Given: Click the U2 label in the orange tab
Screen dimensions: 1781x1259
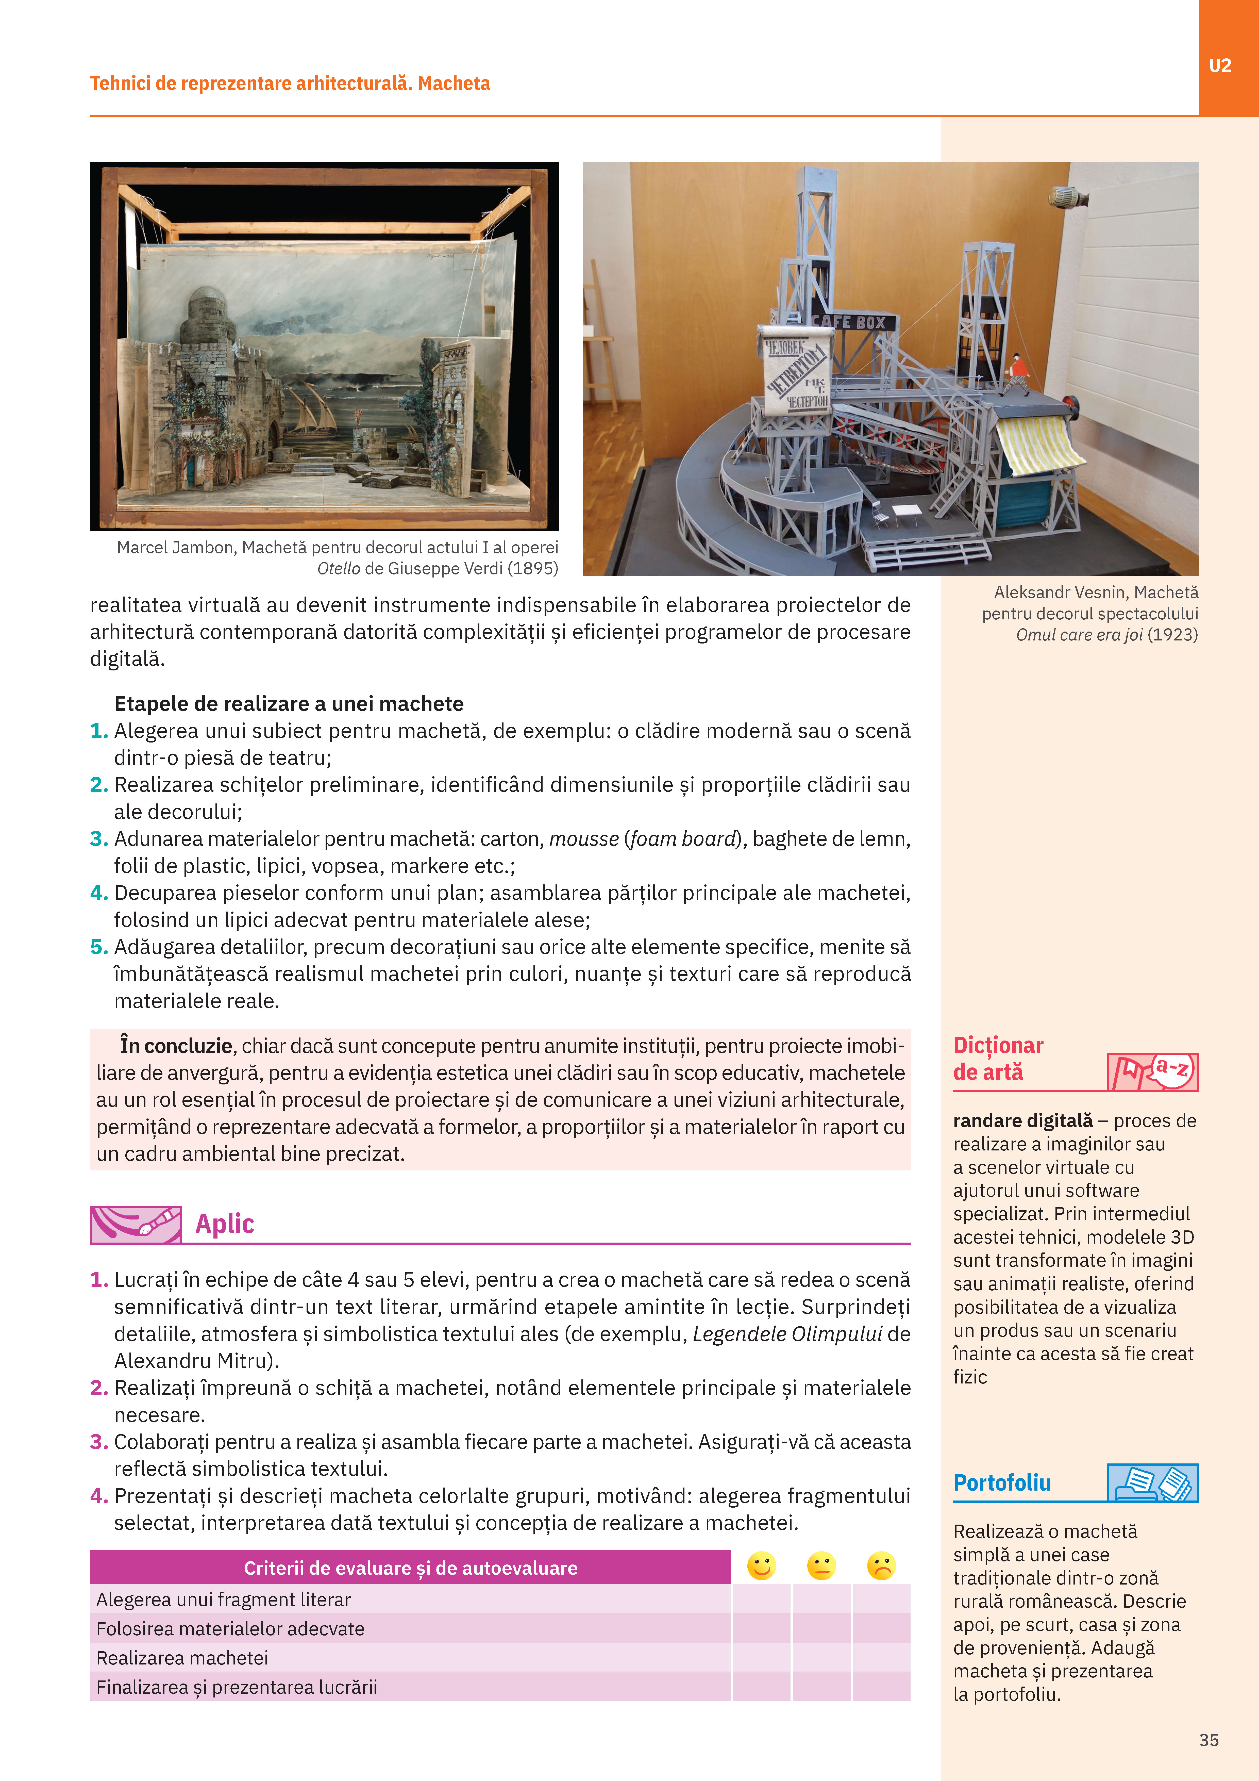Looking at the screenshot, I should click(1220, 66).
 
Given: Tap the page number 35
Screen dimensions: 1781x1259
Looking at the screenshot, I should click(1208, 1740).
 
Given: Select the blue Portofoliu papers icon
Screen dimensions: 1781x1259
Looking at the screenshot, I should click(1153, 1482).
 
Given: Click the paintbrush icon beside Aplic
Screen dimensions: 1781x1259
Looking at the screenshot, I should click(136, 1224).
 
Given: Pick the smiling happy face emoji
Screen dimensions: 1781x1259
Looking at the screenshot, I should click(761, 1566).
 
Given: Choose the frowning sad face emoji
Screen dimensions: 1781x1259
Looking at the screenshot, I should click(881, 1566).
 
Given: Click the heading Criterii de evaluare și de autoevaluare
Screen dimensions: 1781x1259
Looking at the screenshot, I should click(410, 1568).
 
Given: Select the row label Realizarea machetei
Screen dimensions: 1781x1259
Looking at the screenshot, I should click(182, 1658).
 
